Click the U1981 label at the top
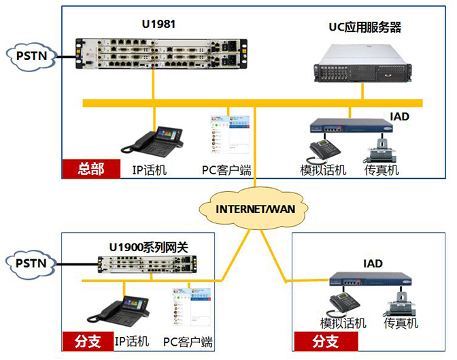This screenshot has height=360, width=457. pyautogui.click(x=158, y=25)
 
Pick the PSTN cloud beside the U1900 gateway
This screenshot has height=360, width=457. pyautogui.click(x=28, y=263)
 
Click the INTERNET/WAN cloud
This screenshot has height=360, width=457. pyautogui.click(x=255, y=208)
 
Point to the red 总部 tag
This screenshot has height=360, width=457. pyautogui.click(x=90, y=169)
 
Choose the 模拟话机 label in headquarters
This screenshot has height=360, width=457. pyautogui.click(x=323, y=170)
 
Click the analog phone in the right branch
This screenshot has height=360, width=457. pyautogui.click(x=344, y=301)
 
